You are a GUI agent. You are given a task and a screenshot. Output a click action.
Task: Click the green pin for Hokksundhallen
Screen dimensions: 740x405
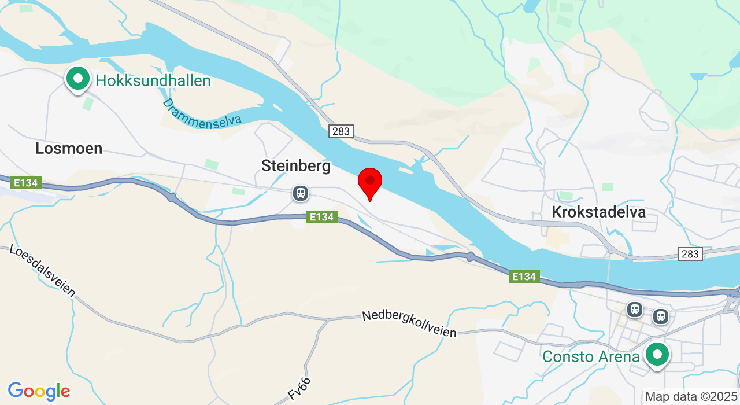tap(77, 79)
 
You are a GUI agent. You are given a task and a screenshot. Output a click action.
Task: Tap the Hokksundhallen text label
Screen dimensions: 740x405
tap(153, 81)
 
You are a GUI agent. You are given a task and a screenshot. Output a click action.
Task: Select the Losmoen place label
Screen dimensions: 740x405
tap(69, 149)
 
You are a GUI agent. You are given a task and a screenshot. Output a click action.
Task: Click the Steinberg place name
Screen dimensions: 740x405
tap(296, 166)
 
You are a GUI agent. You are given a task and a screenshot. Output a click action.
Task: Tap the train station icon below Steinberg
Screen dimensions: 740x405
tap(300, 193)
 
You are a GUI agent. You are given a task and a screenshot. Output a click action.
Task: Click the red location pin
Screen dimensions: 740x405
tap(370, 182)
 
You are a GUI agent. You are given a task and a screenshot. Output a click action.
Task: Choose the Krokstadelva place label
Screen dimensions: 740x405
tap(598, 212)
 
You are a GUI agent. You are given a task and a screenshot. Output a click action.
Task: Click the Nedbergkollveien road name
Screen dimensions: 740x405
tap(409, 324)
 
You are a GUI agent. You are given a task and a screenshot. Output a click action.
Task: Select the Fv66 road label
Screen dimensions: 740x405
tap(299, 389)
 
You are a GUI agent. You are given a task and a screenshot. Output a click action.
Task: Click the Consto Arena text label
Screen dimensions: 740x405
tap(591, 357)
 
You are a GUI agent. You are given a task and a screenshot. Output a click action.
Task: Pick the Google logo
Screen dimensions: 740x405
tap(39, 392)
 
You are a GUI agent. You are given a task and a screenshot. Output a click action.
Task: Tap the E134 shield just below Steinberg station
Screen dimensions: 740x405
tap(321, 217)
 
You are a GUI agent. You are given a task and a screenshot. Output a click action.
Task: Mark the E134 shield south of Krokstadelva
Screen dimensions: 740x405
tap(524, 277)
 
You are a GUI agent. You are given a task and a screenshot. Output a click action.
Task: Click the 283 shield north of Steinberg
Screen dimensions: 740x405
tap(341, 131)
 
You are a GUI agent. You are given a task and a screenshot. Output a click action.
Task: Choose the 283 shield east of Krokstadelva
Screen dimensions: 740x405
tap(690, 254)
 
